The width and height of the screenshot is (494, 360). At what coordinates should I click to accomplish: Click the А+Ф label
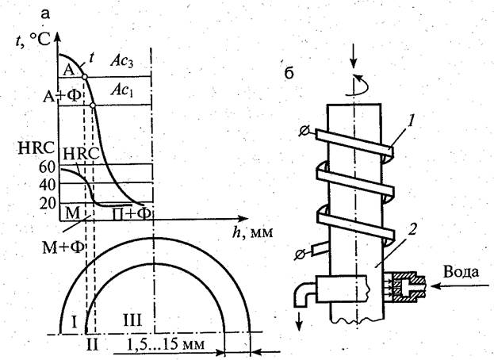(40, 101)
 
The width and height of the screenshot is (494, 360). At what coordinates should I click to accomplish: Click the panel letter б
(288, 76)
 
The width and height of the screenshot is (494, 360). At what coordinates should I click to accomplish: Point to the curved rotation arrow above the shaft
(361, 81)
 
